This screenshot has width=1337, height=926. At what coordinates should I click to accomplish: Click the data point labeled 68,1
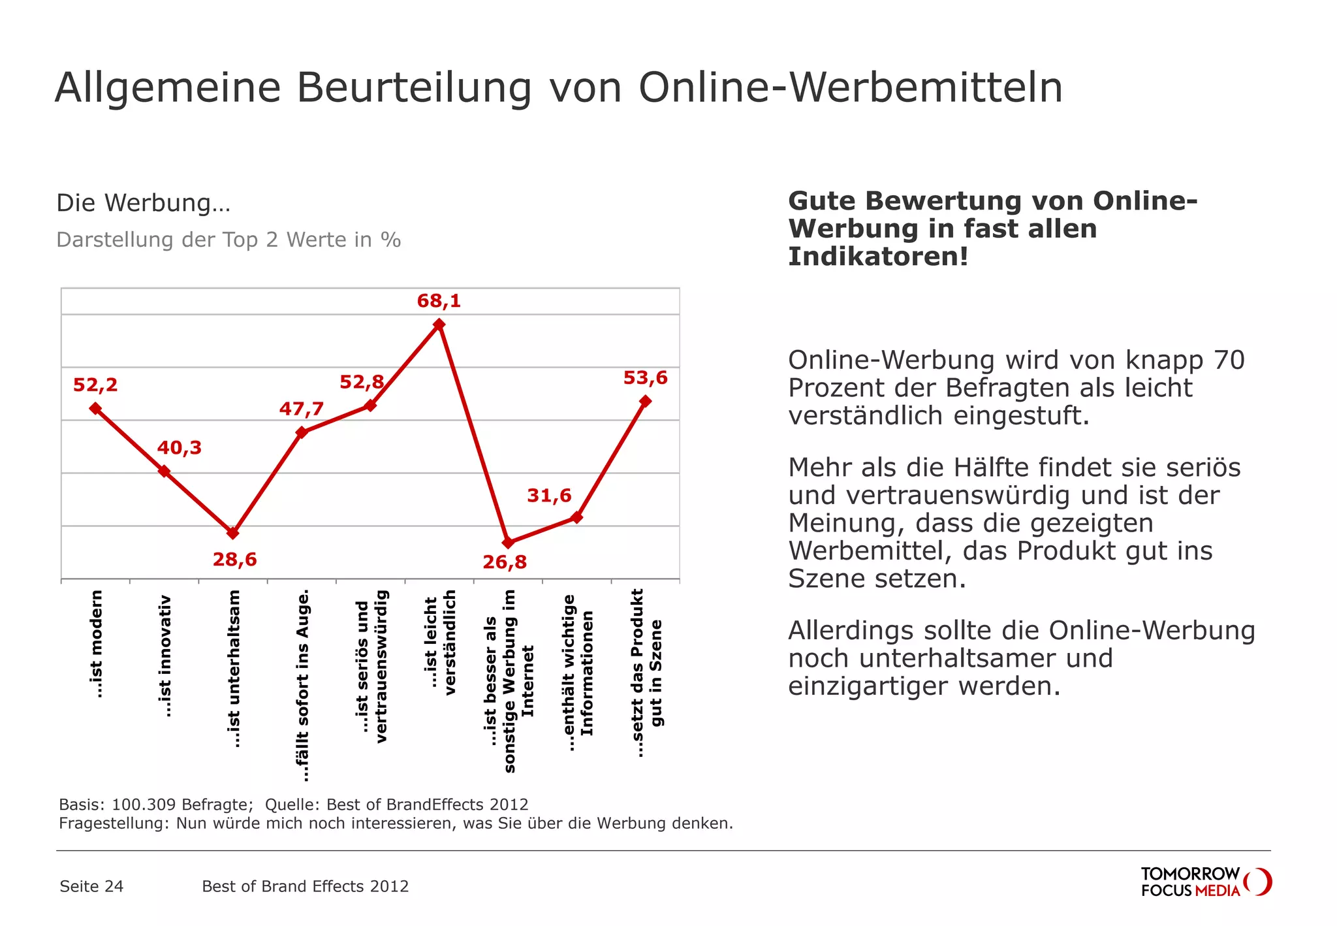439,325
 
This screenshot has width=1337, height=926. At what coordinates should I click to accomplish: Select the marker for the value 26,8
508,543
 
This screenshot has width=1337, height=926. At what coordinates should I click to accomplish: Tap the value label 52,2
95,385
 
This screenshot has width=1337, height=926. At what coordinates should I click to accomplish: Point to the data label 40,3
179,447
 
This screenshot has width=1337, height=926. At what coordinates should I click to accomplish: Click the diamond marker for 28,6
233,533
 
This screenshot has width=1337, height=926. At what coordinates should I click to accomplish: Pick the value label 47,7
301,409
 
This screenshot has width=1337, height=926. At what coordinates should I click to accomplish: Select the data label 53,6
645,377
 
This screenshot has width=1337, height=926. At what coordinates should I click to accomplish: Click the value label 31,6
549,495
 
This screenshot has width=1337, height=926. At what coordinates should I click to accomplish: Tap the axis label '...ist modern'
96,644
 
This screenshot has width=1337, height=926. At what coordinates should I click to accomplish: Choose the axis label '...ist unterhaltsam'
234,669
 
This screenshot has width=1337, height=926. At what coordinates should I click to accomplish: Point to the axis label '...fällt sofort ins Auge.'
302,686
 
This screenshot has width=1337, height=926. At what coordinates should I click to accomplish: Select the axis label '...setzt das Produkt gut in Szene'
646,673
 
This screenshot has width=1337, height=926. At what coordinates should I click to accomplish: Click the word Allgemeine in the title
168,88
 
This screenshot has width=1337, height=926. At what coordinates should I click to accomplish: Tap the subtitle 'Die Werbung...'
144,202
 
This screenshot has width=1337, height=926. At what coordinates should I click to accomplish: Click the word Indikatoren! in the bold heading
878,256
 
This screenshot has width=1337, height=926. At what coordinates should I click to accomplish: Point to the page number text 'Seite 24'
91,886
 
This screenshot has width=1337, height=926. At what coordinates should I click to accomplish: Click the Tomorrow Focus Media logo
1205,882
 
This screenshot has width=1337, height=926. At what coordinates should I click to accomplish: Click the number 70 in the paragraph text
1229,360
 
